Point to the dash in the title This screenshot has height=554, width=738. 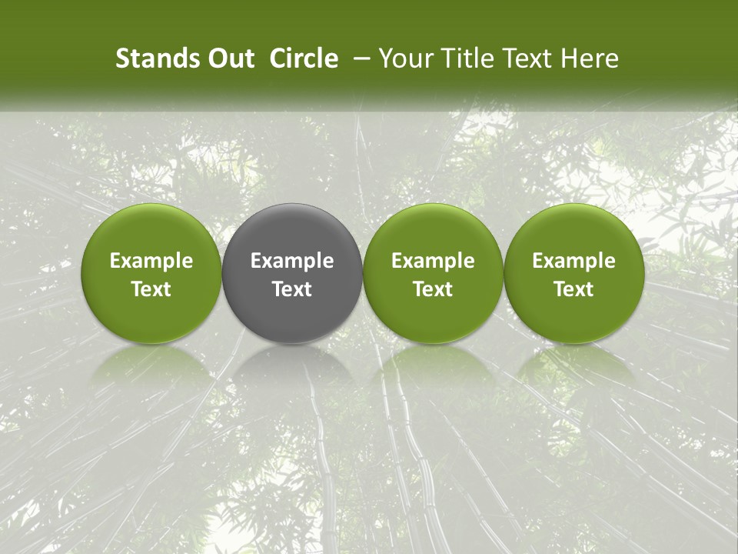359,58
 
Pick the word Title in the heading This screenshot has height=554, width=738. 462,58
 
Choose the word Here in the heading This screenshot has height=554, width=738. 590,58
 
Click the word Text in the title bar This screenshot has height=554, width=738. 524,58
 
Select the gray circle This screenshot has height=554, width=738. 292,273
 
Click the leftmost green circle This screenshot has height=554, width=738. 151,273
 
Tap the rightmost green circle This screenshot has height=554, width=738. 574,273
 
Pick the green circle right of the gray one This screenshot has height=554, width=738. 433,273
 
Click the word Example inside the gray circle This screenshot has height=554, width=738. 292,261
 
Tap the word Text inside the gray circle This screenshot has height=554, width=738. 292,289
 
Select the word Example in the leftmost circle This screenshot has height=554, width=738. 151,261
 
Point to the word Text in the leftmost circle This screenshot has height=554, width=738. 151,289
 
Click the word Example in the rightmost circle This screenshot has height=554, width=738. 574,261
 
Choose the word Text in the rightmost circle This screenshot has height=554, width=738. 574,289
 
